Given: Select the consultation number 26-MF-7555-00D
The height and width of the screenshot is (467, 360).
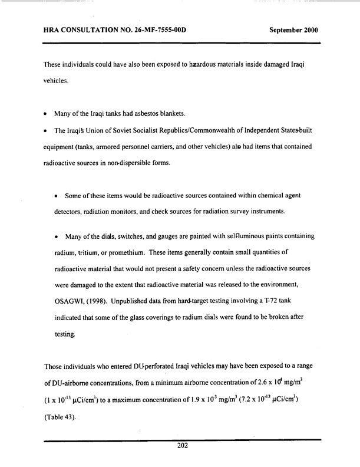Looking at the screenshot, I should click(x=152, y=29).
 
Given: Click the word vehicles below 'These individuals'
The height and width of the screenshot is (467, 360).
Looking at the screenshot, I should click(x=57, y=84).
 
